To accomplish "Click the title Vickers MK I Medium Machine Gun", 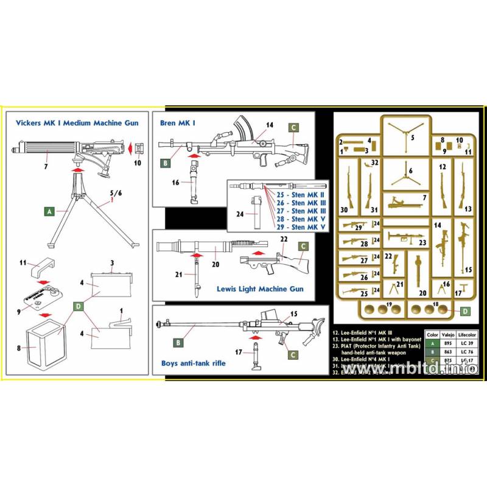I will tap(78, 123).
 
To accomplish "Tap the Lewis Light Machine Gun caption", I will tap(260, 289).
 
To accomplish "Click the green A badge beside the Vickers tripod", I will tap(47, 211).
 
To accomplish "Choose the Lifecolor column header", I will tap(468, 335).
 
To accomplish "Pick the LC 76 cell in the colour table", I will tap(468, 352).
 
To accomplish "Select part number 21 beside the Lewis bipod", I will tap(178, 258).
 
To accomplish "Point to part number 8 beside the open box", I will tap(19, 348).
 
